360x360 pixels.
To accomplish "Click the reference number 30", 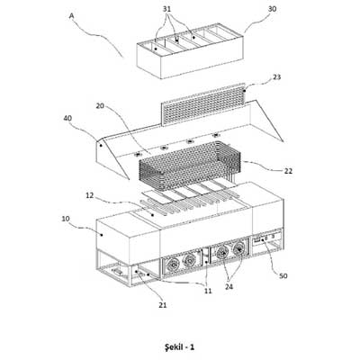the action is coord(272,9).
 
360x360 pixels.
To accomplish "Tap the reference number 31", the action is coord(167,9).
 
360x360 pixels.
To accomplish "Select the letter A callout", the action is coord(71,15).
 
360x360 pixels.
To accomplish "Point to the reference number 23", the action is coord(277,77).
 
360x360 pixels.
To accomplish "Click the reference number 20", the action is coord(100,106).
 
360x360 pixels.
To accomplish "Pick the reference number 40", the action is coord(67,119).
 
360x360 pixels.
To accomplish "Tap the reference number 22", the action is coord(288,171).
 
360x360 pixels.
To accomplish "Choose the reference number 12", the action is coord(89,195).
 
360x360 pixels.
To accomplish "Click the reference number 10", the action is coord(66,219).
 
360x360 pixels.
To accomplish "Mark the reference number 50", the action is coord(283,275).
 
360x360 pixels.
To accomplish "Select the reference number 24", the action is coord(229,287).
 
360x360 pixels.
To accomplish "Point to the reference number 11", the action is coord(208,291).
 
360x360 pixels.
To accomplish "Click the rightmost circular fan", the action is coord(239,248).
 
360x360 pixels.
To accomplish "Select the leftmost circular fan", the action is coord(173,265).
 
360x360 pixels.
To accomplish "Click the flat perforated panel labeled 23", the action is coord(203,103).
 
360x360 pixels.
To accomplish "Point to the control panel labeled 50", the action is coord(267,239).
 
